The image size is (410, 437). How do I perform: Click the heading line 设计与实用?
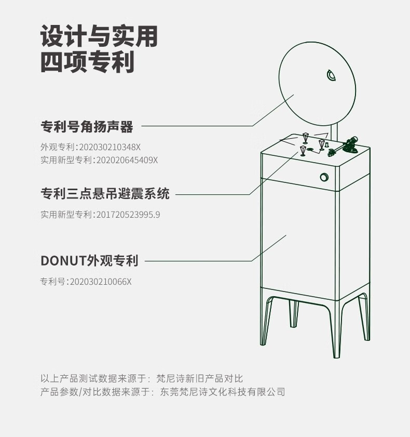(x=99, y=37)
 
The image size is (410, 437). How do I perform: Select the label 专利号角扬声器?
(x=87, y=126)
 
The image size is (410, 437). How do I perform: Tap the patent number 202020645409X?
(x=127, y=160)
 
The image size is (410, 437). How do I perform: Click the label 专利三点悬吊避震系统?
(x=105, y=194)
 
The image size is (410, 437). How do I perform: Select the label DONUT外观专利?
(x=89, y=261)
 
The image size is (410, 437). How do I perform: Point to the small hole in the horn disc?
(x=332, y=76)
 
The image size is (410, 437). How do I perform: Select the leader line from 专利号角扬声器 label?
(x=197, y=126)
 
